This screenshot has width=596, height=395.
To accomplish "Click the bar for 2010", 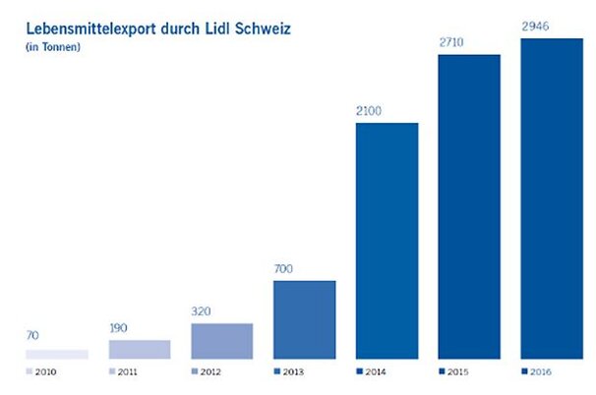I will point(57,354).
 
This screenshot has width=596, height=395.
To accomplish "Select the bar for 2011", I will point(139,349).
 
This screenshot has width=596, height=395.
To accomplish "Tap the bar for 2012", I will point(221,341).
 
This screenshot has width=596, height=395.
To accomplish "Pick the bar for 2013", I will point(304,319).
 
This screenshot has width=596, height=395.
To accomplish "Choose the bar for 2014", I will point(386,241).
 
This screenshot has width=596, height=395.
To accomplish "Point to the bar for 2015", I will point(468,206).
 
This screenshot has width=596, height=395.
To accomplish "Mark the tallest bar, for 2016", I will point(551,198).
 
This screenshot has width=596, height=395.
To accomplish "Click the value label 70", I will point(34,336).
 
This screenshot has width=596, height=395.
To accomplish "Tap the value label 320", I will point(205,310).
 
